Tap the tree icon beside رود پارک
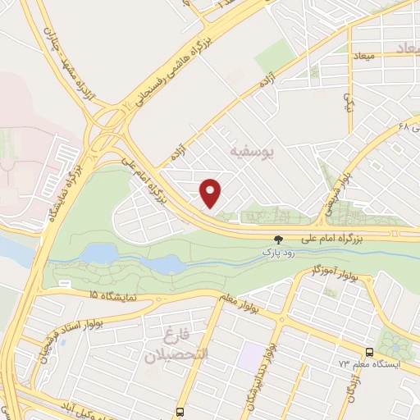click(x=278, y=240)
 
